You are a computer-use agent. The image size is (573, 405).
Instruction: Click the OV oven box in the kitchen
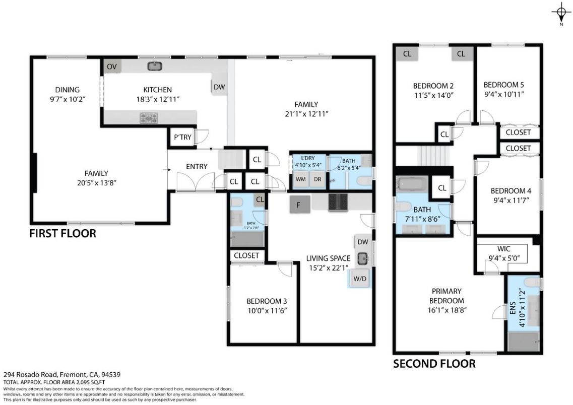pyautogui.click(x=111, y=66)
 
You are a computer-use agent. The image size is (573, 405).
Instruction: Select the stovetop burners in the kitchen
pyautogui.click(x=149, y=117)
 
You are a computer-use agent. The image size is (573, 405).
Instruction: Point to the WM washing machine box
pyautogui.click(x=301, y=179)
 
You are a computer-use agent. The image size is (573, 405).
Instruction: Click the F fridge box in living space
pyautogui.click(x=298, y=205)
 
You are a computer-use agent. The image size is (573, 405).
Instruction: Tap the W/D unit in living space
pyautogui.click(x=360, y=278)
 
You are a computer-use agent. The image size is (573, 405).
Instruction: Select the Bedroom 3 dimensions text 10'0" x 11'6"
pyautogui.click(x=267, y=311)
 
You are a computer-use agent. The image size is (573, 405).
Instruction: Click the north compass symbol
pyautogui.click(x=560, y=12)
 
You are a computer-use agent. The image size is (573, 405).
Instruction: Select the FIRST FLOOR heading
pyautogui.click(x=62, y=233)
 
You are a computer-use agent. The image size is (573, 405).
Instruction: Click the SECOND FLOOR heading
pyautogui.click(x=433, y=363)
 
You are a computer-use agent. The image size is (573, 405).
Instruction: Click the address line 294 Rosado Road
pyautogui.click(x=61, y=375)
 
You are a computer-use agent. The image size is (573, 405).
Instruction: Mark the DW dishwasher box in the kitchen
pyautogui.click(x=219, y=87)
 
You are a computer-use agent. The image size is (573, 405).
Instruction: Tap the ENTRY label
pyautogui.click(x=197, y=167)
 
